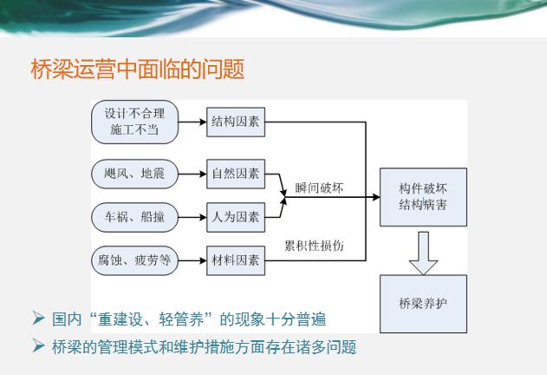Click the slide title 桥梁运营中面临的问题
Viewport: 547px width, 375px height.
(138, 69)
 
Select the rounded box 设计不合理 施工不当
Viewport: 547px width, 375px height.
(134, 122)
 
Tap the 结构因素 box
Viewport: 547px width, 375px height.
(236, 122)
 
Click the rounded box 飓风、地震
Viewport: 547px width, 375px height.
(134, 174)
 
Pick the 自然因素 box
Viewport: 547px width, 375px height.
(236, 174)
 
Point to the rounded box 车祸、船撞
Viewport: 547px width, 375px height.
(134, 217)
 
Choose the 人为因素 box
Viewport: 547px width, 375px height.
(236, 217)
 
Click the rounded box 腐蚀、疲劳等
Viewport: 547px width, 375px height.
(134, 260)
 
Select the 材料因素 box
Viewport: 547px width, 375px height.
(236, 260)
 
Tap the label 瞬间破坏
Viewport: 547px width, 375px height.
(319, 188)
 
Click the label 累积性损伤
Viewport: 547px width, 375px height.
(314, 246)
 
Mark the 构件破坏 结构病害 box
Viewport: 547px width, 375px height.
(423, 197)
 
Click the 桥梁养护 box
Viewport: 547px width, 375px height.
(423, 304)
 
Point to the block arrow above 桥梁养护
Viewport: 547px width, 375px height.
(423, 253)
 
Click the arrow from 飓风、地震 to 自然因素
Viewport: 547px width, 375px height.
(192, 174)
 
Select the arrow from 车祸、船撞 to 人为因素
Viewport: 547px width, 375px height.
(192, 217)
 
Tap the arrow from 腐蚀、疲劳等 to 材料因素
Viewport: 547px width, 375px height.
(192, 260)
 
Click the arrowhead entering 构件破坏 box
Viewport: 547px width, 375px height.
(376, 197)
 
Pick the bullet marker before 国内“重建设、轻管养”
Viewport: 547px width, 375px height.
(38, 318)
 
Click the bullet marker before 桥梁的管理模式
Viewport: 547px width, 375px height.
(38, 345)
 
